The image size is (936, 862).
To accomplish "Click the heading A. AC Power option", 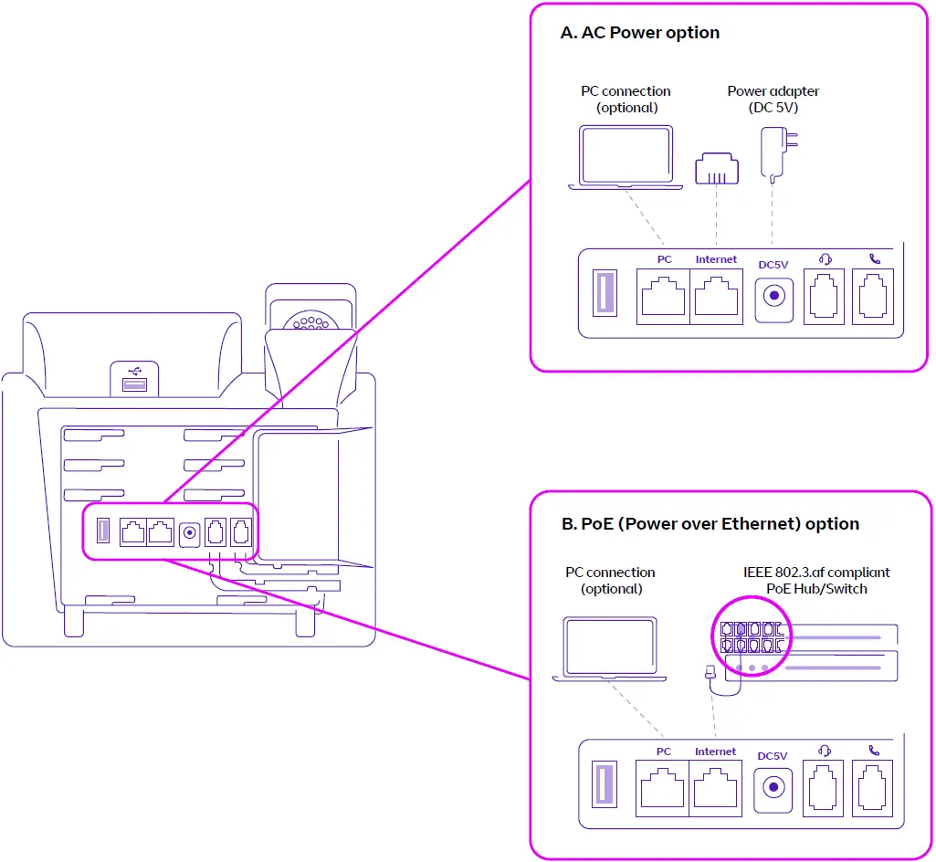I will coord(639,33).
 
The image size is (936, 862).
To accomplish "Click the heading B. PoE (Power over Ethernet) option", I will coord(710,524).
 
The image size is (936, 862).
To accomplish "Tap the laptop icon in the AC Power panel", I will coord(626,157).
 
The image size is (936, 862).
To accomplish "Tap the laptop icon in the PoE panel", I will coord(610,649).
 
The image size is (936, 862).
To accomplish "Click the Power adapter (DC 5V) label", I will coord(773,99).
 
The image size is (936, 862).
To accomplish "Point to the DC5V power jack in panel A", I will coord(774,297).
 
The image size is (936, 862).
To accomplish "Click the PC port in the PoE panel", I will coord(664,788).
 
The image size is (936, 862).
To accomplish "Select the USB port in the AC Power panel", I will coord(605,294).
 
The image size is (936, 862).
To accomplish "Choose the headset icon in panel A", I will coord(824,258).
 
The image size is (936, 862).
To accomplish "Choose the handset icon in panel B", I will coord(874,750).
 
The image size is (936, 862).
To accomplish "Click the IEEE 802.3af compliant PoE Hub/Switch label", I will coord(816,581).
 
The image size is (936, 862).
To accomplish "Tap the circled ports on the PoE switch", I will coord(748,637).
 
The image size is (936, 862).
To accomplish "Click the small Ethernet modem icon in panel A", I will coord(716,169).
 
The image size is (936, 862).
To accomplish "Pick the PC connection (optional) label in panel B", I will coord(611,581).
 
